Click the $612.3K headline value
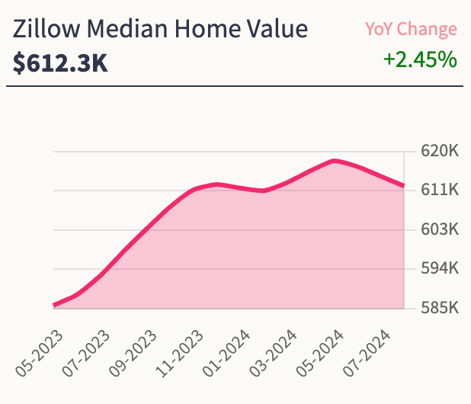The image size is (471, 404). [x=60, y=63]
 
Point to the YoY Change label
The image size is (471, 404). [x=411, y=30]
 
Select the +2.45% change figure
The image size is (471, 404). [x=420, y=59]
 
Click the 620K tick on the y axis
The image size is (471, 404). [x=441, y=151]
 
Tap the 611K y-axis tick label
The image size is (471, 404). [x=441, y=190]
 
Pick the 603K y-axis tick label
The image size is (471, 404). [x=441, y=229]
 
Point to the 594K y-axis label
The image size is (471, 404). [x=441, y=268]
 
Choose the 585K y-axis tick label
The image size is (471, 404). [x=441, y=308]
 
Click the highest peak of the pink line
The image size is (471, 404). [x=334, y=161]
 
